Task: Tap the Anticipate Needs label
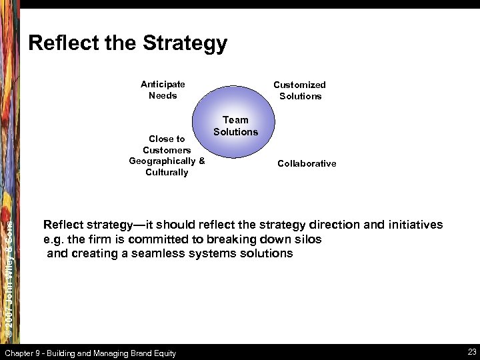point(163,90)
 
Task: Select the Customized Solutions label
point(300,90)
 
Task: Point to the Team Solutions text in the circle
point(235,126)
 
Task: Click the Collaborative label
point(307,163)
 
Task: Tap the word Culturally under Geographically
point(167,172)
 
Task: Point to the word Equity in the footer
point(164,353)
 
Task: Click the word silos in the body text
point(307,239)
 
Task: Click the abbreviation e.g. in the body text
point(53,239)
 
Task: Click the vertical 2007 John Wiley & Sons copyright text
point(9,273)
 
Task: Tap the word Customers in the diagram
point(167,150)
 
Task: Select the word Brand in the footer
point(137,353)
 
